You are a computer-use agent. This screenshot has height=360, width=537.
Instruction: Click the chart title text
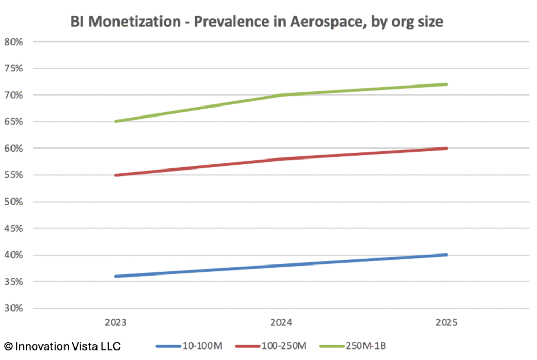pos(257,22)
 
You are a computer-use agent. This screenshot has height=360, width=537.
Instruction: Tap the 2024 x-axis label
pos(281,322)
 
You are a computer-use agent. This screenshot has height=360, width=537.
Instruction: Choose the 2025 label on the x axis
pos(447,322)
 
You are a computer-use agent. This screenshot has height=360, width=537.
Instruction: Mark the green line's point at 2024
pos(281,95)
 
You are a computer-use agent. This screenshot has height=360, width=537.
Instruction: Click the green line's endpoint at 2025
pos(447,84)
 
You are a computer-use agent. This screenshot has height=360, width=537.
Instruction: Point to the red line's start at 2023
pos(115,175)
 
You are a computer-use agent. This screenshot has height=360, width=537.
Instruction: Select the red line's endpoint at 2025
pos(447,149)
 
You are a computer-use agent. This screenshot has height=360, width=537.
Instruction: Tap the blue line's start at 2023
pos(115,277)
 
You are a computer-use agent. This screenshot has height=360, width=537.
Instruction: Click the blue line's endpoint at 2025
pos(447,255)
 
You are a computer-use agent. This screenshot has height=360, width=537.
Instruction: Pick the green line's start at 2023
pos(115,122)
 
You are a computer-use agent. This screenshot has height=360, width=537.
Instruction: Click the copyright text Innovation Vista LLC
pos(62,346)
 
